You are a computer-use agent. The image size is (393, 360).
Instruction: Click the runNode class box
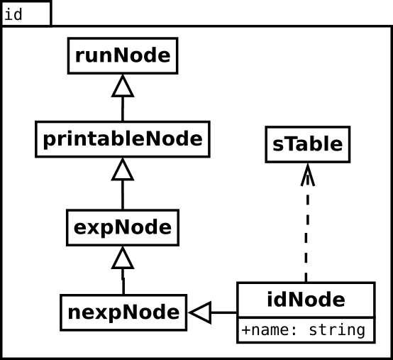coord(123,55)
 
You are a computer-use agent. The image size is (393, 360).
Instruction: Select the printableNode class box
coord(123,139)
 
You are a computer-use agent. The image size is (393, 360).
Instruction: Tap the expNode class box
coord(123,227)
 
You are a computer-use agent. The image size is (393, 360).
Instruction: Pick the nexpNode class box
coord(123,312)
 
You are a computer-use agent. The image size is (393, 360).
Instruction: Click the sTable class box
coord(308,145)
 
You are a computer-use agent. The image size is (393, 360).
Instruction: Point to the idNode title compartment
coord(306,300)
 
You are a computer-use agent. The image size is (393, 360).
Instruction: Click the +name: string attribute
coord(304,330)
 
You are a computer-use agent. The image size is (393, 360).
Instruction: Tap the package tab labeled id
coord(26,13)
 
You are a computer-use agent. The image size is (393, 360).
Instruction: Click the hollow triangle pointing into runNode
coord(123,86)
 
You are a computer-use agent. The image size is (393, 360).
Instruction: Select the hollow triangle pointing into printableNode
coord(123,169)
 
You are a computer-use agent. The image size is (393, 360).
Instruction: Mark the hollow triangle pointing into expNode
coord(123,258)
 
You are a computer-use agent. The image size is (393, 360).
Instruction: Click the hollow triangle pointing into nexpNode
coord(200,312)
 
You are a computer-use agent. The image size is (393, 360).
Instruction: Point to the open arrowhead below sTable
coord(308,175)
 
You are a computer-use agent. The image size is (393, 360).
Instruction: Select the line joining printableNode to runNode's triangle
coord(123,109)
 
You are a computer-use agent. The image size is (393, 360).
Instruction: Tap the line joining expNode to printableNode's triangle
coord(123,195)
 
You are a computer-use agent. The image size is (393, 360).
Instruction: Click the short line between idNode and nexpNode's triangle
coord(224,312)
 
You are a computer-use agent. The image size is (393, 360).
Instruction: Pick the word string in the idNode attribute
coord(337,331)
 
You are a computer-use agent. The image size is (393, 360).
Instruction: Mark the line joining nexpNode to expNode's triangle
coord(123,282)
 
